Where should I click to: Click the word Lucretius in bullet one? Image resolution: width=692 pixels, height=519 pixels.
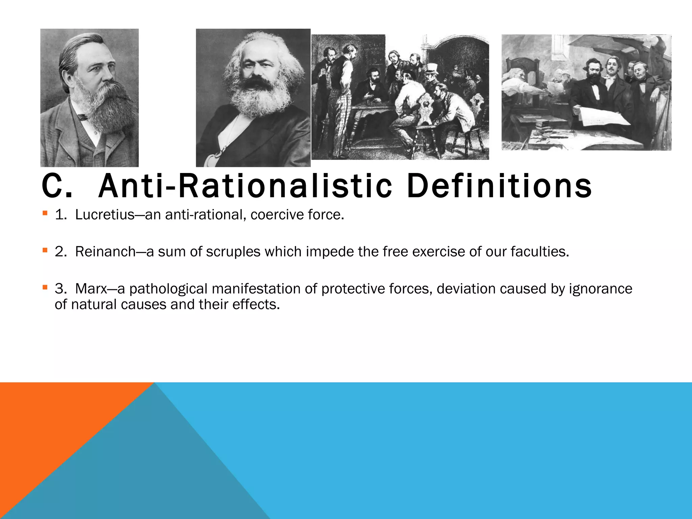coord(105,215)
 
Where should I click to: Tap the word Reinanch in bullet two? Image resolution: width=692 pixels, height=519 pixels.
coord(105,252)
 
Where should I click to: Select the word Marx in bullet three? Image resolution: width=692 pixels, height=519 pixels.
coord(91,289)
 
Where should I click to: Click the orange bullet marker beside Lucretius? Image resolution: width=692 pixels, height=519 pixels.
coord(45,213)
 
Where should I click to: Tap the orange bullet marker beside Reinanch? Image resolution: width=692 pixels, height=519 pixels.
coord(45,250)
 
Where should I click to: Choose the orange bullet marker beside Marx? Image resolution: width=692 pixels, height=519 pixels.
coord(45,288)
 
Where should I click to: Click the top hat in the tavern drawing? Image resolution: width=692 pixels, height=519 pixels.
coord(431,68)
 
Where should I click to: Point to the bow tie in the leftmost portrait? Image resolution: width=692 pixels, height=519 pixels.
coord(83,117)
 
